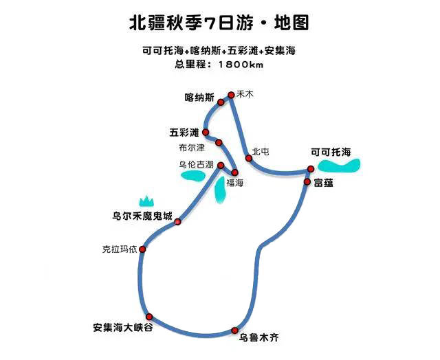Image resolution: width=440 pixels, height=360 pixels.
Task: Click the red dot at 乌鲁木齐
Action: [x=235, y=330]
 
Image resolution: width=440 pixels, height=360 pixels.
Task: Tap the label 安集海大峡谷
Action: [x=123, y=327]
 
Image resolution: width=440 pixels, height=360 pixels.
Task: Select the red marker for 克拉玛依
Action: [x=142, y=249]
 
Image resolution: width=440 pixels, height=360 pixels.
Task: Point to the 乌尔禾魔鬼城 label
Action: [x=142, y=216]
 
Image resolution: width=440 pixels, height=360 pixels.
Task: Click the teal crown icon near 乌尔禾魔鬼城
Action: [x=146, y=201]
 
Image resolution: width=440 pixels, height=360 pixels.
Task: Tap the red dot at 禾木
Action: [x=231, y=95]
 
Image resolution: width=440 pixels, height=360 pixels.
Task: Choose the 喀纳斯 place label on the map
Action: [x=199, y=98]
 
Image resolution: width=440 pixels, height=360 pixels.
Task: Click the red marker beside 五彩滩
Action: [x=206, y=132]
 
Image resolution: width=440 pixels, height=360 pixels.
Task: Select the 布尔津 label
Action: [x=192, y=148]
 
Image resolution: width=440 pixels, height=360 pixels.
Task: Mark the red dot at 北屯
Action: [x=249, y=158]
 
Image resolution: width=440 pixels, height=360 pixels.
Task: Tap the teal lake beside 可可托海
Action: [x=339, y=166]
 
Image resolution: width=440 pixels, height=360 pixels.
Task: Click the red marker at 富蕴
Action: [x=307, y=182]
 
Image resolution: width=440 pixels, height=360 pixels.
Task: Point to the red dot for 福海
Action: [x=234, y=172]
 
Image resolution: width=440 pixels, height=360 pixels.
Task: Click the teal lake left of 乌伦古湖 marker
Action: [x=193, y=176]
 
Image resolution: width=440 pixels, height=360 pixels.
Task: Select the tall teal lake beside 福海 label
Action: [x=221, y=190]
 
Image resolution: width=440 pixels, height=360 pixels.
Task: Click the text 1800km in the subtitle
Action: [x=241, y=65]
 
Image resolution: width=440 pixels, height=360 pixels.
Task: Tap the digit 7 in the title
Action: [x=210, y=23]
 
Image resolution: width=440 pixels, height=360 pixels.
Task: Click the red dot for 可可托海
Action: [x=311, y=169]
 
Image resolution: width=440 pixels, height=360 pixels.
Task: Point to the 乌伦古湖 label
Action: [x=197, y=165]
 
